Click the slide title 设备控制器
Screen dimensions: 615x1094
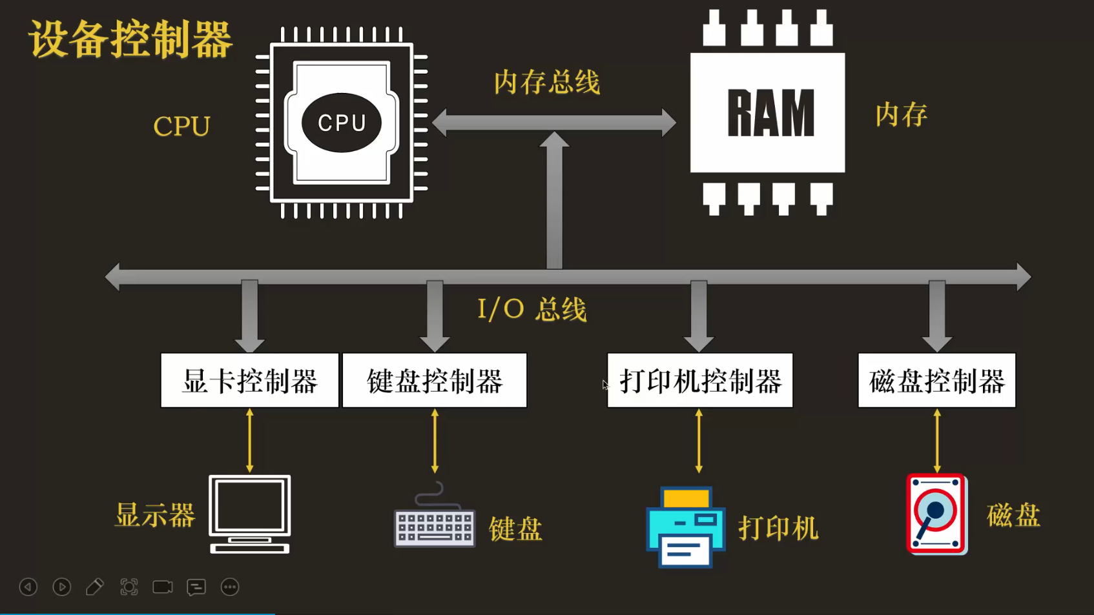pyautogui.click(x=130, y=39)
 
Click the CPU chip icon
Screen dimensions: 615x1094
pyautogui.click(x=342, y=123)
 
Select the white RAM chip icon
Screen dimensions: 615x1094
pyautogui.click(x=767, y=113)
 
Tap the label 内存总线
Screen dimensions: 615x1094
pyautogui.click(x=547, y=83)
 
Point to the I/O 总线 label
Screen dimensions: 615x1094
pyautogui.click(x=532, y=309)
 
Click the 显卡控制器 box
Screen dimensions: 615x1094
pyautogui.click(x=250, y=381)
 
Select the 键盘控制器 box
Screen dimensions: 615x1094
pyautogui.click(x=435, y=381)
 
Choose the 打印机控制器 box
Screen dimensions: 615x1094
pyautogui.click(x=700, y=381)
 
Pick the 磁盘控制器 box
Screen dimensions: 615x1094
pyautogui.click(x=936, y=381)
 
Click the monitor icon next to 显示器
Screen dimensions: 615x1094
pyautogui.click(x=250, y=514)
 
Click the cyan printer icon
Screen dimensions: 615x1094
pyautogui.click(x=686, y=527)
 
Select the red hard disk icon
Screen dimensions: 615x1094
pyautogui.click(x=936, y=514)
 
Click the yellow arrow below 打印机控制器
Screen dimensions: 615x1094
pyautogui.click(x=699, y=441)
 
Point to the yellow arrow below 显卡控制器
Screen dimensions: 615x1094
pyautogui.click(x=250, y=441)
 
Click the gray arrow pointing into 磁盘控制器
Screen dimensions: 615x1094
pyautogui.click(x=937, y=316)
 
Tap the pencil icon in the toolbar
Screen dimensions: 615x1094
pyautogui.click(x=95, y=587)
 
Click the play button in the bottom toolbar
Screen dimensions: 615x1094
pyautogui.click(x=62, y=587)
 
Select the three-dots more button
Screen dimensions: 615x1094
pyautogui.click(x=230, y=587)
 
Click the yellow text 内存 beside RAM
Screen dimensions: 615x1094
pyautogui.click(x=901, y=115)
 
